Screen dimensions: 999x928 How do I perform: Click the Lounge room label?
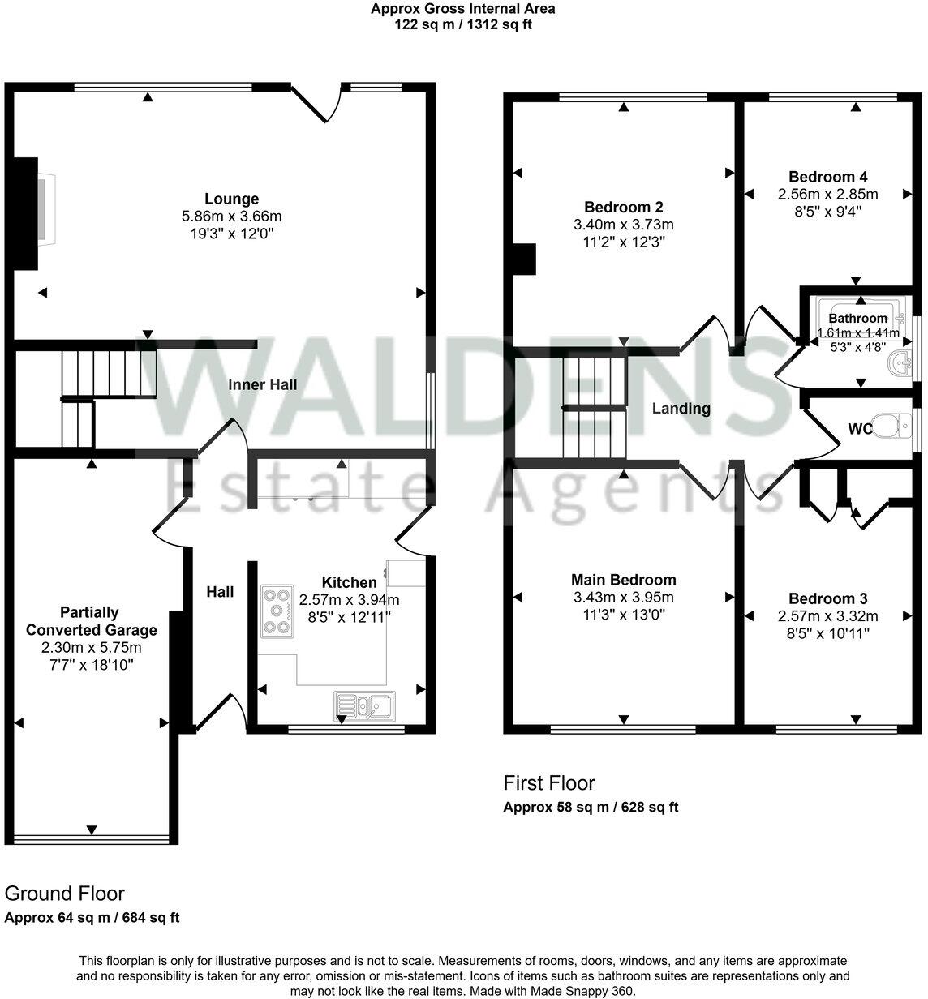(x=231, y=199)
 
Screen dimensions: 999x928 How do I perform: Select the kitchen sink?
(x=364, y=705)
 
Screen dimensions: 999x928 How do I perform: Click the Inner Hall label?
(x=261, y=384)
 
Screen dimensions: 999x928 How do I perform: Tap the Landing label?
(x=681, y=409)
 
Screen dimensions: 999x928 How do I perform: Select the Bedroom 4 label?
(x=822, y=177)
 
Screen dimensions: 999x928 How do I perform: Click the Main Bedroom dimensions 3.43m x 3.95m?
(x=623, y=598)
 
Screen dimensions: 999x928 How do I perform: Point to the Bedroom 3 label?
(x=827, y=598)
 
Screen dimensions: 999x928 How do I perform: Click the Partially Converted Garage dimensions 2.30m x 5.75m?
(x=92, y=648)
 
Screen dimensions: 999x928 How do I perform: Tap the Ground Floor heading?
(x=65, y=894)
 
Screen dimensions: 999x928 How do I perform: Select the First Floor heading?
(x=549, y=782)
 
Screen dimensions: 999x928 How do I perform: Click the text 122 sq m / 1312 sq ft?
(x=463, y=24)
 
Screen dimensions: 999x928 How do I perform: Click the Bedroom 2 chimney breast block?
(x=524, y=258)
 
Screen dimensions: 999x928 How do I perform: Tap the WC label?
(x=860, y=428)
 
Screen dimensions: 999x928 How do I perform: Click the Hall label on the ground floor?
(x=220, y=592)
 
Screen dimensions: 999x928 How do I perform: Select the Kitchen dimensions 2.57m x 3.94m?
(x=349, y=600)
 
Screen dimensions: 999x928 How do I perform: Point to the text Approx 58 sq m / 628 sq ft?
(x=591, y=807)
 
